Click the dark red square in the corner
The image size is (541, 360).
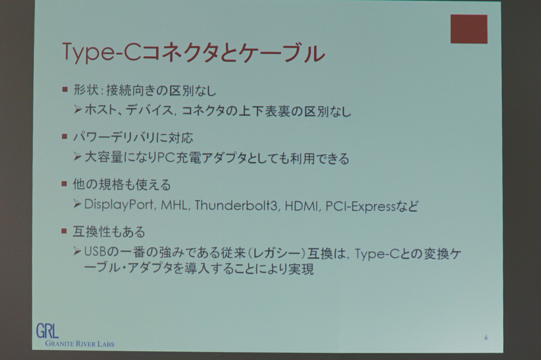pyautogui.click(x=469, y=29)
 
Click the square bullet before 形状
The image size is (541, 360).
pyautogui.click(x=64, y=89)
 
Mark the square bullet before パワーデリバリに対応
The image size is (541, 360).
pyautogui.click(x=64, y=136)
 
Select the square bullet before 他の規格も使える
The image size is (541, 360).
pyautogui.click(x=64, y=183)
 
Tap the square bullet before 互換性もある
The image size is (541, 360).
pyautogui.click(x=64, y=231)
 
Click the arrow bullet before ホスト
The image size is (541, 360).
pyautogui.click(x=77, y=111)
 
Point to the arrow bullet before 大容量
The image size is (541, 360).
pyautogui.click(x=77, y=159)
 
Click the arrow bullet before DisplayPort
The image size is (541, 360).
pyautogui.click(x=77, y=204)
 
